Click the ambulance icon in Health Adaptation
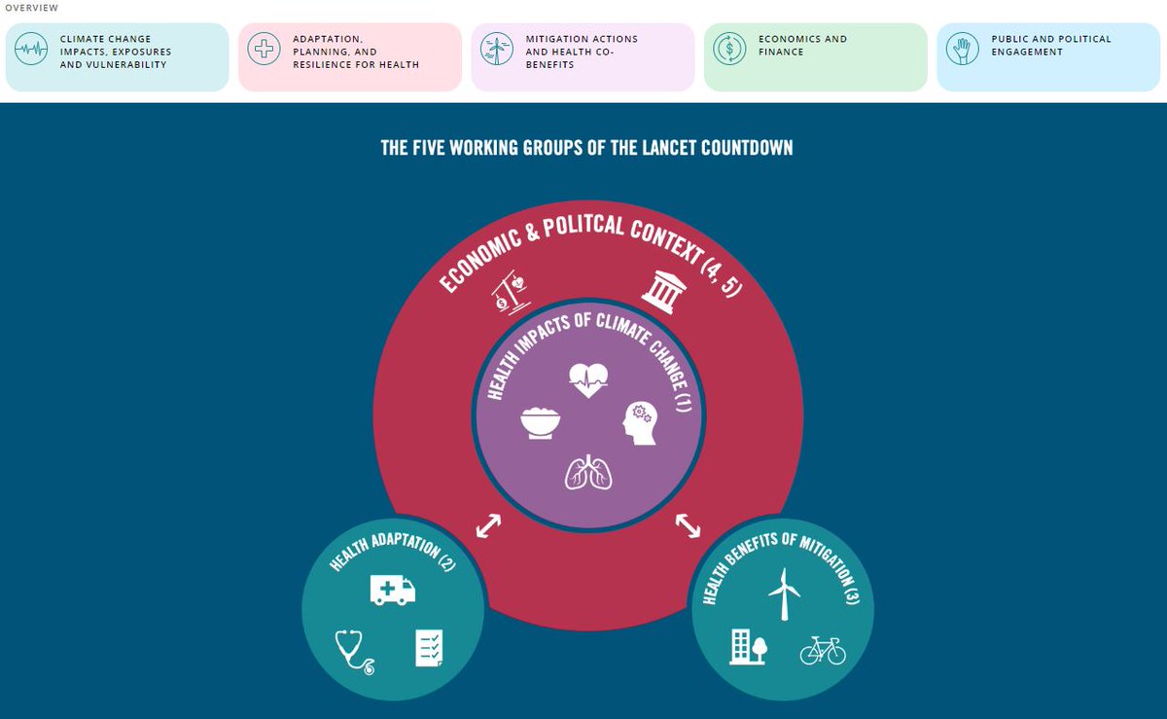point(393,590)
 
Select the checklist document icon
point(429,647)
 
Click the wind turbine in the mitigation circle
point(783,593)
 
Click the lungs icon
point(588,472)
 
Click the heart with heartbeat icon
point(588,380)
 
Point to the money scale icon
point(511,293)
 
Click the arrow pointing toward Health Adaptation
point(488,526)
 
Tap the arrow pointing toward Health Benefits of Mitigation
point(688,525)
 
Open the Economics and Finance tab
point(815,56)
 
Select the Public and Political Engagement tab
point(1047,56)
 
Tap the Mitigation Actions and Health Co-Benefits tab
point(583,56)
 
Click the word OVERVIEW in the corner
point(31,8)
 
